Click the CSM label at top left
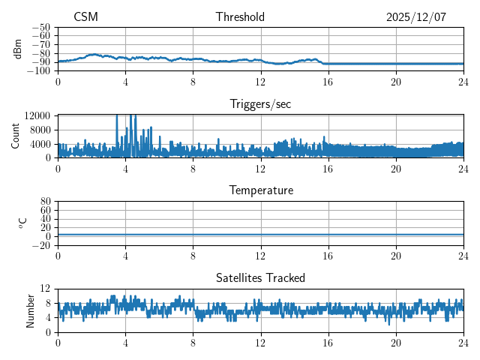coord(85,17)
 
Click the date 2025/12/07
coord(416,17)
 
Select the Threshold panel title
coord(240,17)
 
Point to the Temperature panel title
coord(260,190)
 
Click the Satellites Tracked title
coord(260,277)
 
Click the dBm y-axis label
coord(17,49)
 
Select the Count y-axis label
coord(16,136)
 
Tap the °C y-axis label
coord(22,223)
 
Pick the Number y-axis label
coord(30,310)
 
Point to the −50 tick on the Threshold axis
coord(41,27)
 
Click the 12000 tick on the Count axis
coord(37,115)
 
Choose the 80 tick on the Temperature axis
coord(46,202)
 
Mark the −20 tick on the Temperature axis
coord(41,245)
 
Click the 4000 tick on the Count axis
coord(40,144)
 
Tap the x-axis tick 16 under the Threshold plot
coord(328,82)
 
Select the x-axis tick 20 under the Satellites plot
coord(396,343)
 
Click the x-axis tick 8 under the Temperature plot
coord(193,256)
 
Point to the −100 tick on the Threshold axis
coord(39,71)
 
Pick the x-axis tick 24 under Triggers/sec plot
coord(463,169)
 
